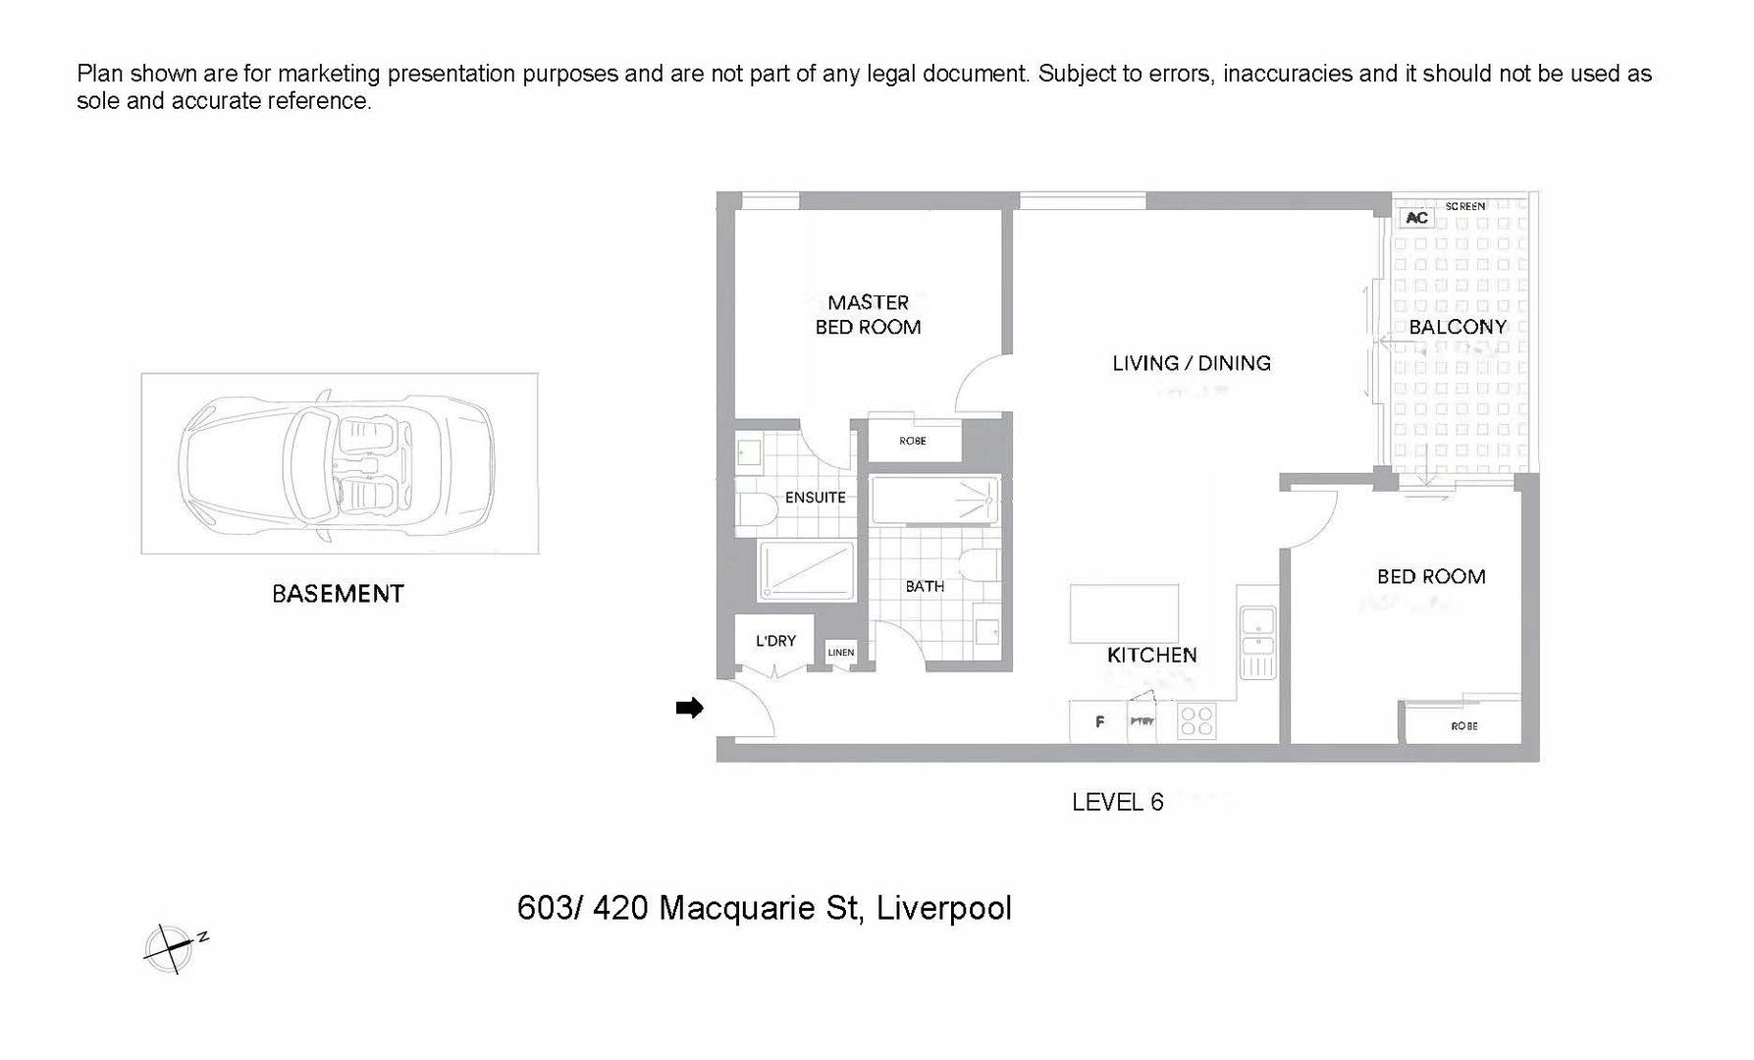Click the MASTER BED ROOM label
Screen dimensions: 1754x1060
[868, 315]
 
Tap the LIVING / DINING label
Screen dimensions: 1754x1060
[1191, 363]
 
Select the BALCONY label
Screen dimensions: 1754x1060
[1457, 327]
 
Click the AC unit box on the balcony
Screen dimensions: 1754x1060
[1416, 218]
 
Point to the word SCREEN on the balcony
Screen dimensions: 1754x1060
[1464, 206]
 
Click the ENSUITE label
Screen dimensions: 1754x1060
[815, 498]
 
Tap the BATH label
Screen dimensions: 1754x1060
[925, 586]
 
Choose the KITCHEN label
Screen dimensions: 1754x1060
[1151, 655]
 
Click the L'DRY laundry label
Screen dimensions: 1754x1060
[775, 641]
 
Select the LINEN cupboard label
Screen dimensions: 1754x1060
[840, 653]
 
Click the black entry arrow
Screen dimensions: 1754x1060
[690, 708]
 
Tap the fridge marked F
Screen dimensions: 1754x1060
[1099, 722]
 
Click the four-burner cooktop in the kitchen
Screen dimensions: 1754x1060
[1196, 722]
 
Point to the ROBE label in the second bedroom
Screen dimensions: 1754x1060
[1463, 726]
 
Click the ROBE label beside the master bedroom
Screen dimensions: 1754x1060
[912, 441]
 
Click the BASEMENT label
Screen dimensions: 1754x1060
[338, 594]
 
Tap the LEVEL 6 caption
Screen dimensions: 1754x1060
[1117, 803]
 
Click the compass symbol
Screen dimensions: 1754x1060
[169, 948]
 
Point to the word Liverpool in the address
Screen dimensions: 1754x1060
[943, 908]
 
